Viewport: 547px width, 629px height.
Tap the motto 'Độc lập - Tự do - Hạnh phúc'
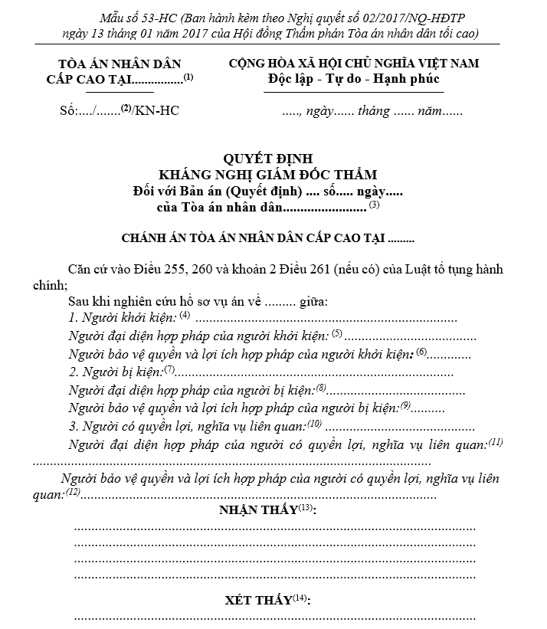click(x=355, y=79)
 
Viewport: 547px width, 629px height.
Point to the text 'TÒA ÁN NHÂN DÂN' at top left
click(x=120, y=64)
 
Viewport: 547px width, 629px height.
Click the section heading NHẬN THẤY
click(x=259, y=510)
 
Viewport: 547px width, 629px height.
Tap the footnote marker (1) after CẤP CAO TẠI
click(x=188, y=77)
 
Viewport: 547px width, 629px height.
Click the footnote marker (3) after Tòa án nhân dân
click(x=374, y=205)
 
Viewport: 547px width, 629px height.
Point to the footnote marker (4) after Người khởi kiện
click(x=185, y=315)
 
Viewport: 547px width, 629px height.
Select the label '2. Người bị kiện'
click(x=115, y=372)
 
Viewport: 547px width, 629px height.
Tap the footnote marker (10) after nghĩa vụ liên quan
click(x=315, y=424)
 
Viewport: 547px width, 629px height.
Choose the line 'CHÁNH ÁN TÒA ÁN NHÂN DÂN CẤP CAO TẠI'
click(x=254, y=238)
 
